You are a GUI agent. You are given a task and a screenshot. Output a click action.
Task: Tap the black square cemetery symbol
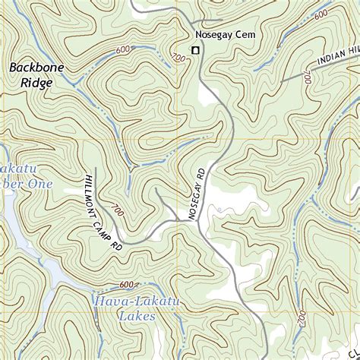195,50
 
